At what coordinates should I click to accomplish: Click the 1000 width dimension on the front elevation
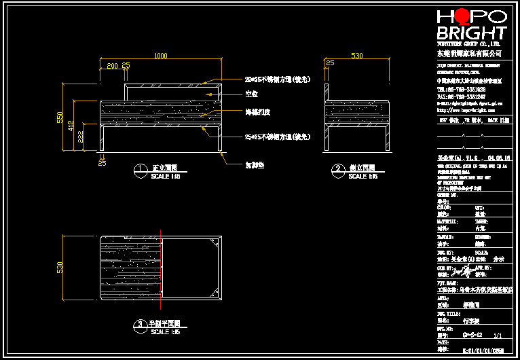[x=160, y=56]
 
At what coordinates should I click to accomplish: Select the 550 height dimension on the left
[x=60, y=117]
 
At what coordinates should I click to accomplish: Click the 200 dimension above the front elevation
[x=112, y=65]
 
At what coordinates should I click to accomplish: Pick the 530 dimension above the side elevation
[x=356, y=56]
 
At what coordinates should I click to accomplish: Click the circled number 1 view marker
[x=139, y=168]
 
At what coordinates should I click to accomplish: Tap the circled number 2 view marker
[x=337, y=168]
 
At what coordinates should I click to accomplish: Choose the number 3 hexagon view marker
[x=139, y=324]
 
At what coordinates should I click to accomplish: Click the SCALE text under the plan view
[x=165, y=332]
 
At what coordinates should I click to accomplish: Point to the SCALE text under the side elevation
[x=363, y=177]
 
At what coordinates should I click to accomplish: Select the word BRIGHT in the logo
[x=472, y=33]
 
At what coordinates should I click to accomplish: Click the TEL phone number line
[x=461, y=89]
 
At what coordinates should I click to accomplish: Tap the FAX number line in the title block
[x=461, y=96]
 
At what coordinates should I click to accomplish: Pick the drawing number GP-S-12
[x=472, y=335]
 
